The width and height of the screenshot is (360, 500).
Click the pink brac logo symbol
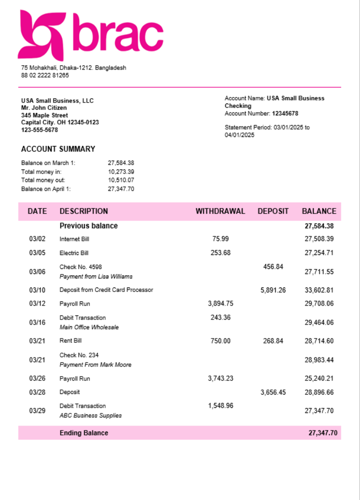41,35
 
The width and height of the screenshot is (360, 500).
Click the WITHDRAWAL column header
220,211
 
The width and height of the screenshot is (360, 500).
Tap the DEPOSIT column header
273,211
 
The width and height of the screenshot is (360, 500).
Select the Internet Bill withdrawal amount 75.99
220,239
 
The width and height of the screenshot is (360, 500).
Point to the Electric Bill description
74,253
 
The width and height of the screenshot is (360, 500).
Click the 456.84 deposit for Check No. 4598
273,267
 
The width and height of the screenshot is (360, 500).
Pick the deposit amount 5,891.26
273,290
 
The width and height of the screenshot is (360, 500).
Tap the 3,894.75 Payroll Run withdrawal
220,303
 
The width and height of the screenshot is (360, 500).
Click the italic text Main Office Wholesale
89,327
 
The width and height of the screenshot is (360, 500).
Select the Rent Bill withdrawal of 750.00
220,341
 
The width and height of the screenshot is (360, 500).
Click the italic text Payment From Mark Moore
95,365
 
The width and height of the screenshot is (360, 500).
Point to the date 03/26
37,378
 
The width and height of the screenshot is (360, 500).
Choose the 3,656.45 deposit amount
273,392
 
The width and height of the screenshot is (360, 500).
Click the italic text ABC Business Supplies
90,415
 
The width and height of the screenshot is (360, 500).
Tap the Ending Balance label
83,433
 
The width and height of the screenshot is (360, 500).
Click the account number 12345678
285,113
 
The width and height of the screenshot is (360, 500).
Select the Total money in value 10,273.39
121,171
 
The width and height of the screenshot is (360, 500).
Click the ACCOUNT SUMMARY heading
58,149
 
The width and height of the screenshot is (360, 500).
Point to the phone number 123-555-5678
39,130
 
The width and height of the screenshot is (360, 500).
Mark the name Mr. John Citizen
44,108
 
